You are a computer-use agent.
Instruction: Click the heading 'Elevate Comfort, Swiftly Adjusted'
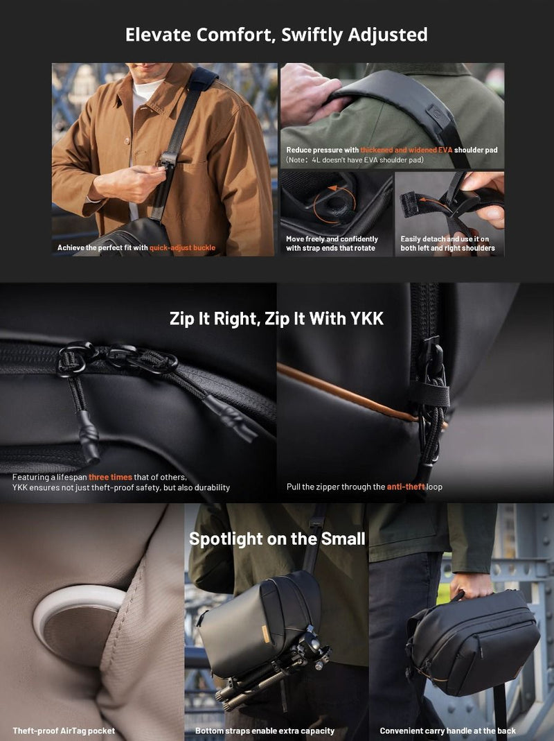[276, 35]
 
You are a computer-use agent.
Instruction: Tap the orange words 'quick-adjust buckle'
[182, 247]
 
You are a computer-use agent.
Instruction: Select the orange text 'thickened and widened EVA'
[406, 150]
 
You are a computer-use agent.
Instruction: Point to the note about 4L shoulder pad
[355, 159]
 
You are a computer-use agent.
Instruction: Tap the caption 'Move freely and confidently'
[332, 239]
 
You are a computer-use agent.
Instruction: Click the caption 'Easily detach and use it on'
[445, 239]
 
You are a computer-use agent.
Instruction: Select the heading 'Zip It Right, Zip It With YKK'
[276, 319]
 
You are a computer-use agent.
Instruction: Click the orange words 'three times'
[110, 478]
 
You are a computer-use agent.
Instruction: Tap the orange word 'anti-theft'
[406, 487]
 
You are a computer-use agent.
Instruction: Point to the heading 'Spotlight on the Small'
[277, 539]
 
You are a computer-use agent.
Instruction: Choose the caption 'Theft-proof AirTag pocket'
[64, 731]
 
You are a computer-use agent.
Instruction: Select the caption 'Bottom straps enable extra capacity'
[265, 731]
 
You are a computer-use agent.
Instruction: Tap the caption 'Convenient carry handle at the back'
[447, 731]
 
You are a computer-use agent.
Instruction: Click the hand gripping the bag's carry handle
[472, 586]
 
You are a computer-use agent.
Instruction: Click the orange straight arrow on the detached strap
[433, 200]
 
